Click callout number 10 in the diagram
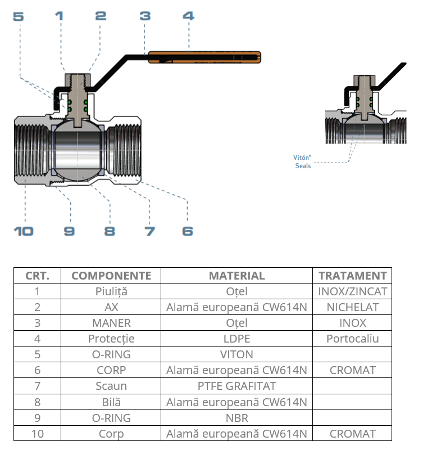(24, 231)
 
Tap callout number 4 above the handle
(188, 16)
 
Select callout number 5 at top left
(19, 16)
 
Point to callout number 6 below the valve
(188, 231)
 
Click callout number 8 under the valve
(110, 231)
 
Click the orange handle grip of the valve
(205, 57)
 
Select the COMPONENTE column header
(111, 276)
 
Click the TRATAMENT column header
(352, 276)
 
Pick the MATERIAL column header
(236, 276)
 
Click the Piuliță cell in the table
(111, 291)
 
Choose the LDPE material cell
(236, 339)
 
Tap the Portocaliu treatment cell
(352, 339)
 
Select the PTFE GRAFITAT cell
(236, 386)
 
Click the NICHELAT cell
(352, 307)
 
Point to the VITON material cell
(236, 354)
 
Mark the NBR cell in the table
(236, 418)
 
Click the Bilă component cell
(111, 402)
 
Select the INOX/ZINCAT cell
(352, 291)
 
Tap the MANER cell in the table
(111, 323)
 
